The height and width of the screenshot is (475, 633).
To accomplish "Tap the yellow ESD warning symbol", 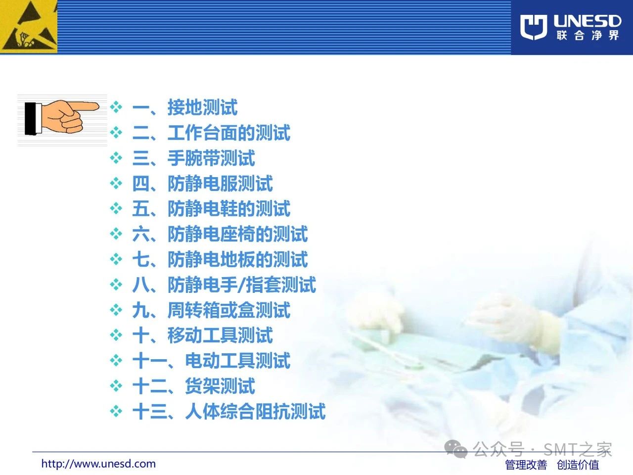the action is pos(29,27).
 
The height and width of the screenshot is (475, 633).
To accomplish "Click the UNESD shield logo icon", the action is pos(534,27).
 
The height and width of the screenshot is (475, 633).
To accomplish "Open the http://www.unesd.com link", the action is pos(98,464).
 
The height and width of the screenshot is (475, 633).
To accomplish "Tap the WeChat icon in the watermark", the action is pos(455,449).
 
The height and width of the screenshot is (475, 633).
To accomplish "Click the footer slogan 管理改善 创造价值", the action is pos(552,465).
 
